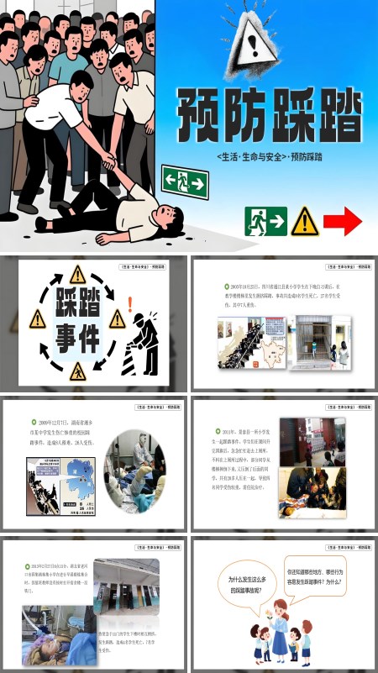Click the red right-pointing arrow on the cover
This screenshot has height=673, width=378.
click(x=343, y=221)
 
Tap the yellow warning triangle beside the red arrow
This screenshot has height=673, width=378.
click(x=305, y=221)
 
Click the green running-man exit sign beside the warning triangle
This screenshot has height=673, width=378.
click(x=265, y=221)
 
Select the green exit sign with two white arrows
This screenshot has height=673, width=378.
click(x=186, y=181)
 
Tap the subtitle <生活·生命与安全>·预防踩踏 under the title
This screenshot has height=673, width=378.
click(x=269, y=157)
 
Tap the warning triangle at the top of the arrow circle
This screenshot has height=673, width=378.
click(x=77, y=273)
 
